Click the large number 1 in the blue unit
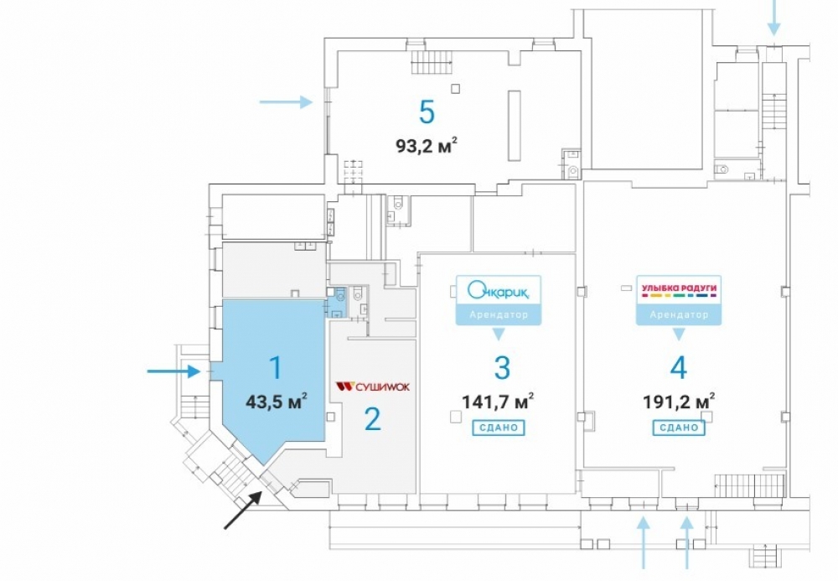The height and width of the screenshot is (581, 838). click(x=276, y=368)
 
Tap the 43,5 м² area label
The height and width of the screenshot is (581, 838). click(x=277, y=401)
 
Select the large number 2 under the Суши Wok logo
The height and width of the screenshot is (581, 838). click(x=373, y=418)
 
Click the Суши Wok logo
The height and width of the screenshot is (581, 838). click(x=373, y=386)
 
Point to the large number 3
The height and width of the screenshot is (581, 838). click(x=502, y=368)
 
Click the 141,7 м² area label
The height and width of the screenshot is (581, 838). click(x=498, y=401)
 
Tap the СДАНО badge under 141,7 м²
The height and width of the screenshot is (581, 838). click(x=498, y=428)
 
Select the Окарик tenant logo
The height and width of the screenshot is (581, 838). click(x=498, y=291)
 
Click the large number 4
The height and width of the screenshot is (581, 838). click(x=678, y=368)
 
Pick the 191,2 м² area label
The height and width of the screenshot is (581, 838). click(x=679, y=401)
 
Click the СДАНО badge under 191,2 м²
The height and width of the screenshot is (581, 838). click(x=679, y=428)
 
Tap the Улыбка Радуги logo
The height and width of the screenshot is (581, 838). click(x=679, y=290)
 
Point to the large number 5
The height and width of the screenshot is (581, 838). click(x=427, y=112)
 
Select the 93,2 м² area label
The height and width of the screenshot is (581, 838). click(x=427, y=145)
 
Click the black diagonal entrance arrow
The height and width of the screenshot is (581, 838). click(x=243, y=510)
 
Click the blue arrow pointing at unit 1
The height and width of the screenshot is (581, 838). click(x=174, y=371)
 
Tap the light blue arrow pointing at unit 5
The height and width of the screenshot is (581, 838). click(x=286, y=101)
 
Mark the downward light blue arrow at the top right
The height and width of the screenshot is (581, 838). click(x=773, y=18)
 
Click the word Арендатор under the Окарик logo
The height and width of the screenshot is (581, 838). click(x=498, y=315)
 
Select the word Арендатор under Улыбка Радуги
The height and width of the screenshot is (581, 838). click(x=679, y=315)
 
